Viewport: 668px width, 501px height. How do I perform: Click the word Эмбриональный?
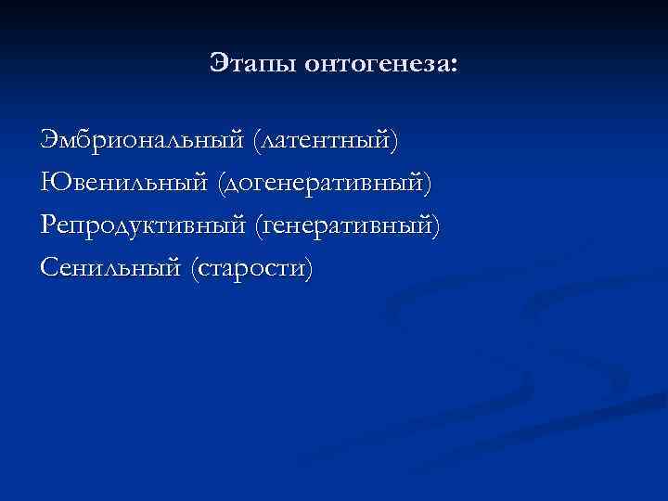(x=140, y=142)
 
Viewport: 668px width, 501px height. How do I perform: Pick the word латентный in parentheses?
(x=325, y=142)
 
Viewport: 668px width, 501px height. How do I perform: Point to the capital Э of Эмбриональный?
(x=48, y=142)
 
